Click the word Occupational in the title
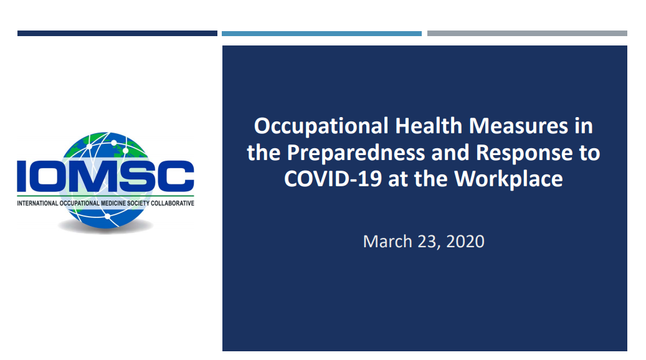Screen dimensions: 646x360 (321, 126)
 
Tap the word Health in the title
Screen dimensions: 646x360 (429, 125)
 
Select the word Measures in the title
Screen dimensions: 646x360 (518, 125)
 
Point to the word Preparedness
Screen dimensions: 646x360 (356, 153)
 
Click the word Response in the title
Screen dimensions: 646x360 (524, 153)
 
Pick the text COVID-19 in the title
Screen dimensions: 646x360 (333, 179)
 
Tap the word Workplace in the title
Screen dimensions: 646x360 (508, 179)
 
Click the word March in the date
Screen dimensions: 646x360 (387, 242)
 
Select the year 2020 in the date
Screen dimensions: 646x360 (465, 242)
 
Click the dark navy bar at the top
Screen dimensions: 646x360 (117, 34)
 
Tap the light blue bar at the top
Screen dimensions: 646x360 (322, 34)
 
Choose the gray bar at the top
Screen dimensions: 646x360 (528, 34)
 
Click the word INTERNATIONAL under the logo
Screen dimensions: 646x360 (37, 203)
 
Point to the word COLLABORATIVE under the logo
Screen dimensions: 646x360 (172, 203)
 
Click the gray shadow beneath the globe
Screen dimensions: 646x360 (105, 226)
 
